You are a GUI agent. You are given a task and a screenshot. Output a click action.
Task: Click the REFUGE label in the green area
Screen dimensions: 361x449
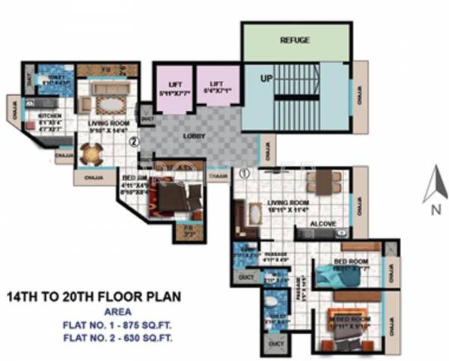tap(295, 40)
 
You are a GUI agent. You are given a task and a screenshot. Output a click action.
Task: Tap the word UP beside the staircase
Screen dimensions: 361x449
tap(266, 78)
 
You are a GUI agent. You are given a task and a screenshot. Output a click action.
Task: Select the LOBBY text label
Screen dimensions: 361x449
tap(195, 137)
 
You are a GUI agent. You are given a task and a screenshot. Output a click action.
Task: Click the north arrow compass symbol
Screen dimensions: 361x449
tap(434, 186)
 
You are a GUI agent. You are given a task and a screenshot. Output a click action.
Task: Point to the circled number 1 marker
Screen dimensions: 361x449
tap(244, 174)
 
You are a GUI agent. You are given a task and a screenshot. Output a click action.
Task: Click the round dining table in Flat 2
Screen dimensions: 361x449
tap(91, 154)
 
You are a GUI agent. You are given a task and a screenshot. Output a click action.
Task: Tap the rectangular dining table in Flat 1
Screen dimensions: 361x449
tap(323, 181)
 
